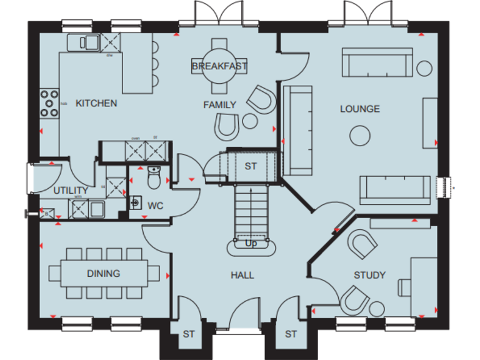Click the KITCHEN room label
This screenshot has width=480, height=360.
(x=96, y=103)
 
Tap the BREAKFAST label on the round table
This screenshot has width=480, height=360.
(x=219, y=66)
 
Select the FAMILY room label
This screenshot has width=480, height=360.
(x=219, y=104)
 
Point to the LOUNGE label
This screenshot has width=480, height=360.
(x=359, y=109)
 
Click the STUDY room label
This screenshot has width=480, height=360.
(x=369, y=274)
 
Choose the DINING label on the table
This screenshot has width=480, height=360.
(x=103, y=273)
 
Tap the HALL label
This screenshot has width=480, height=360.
(x=242, y=274)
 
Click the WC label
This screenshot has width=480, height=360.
(x=155, y=204)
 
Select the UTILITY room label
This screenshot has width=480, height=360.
(x=70, y=191)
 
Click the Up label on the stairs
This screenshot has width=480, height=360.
(x=251, y=243)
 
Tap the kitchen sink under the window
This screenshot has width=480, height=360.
(x=82, y=42)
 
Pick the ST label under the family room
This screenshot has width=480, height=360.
(x=251, y=166)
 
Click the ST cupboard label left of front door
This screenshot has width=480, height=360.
(x=189, y=334)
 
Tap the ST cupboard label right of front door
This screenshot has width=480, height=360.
(x=291, y=334)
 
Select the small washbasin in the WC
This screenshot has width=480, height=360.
(x=135, y=203)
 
